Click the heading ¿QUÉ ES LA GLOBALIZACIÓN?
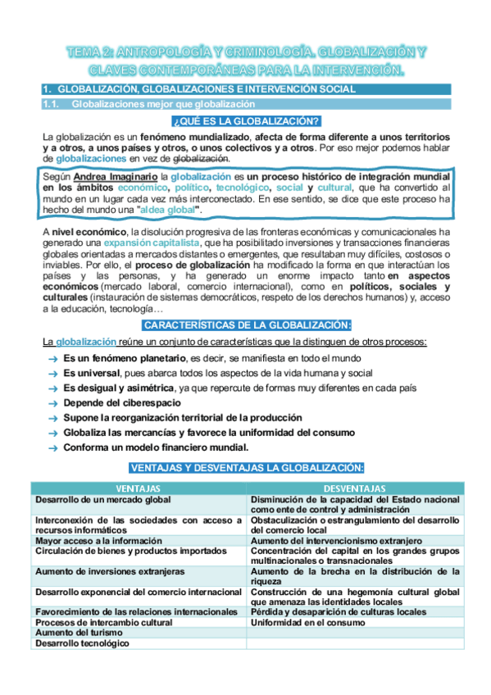point(246,121)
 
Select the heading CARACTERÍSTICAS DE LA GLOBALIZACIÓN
point(246,325)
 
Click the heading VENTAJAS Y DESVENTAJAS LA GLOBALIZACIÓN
point(246,467)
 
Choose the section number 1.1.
point(52,104)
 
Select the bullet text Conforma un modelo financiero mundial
point(156,447)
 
